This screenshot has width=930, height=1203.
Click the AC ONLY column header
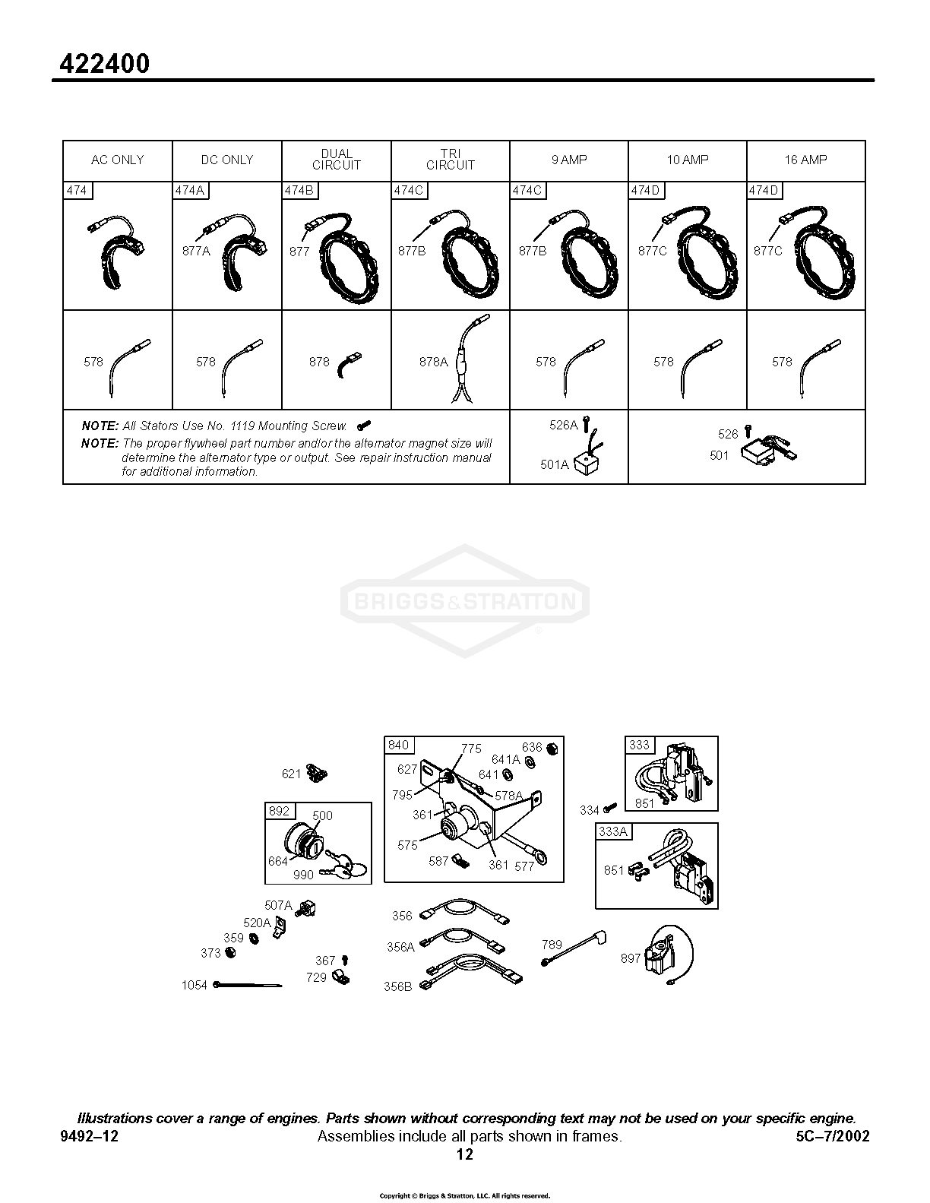[117, 160]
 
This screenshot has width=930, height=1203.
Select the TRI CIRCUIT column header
[451, 160]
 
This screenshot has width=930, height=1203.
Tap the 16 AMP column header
[805, 160]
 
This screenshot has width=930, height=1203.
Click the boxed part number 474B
[299, 191]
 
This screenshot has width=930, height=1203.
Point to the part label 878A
[433, 362]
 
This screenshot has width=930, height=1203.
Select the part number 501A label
[555, 464]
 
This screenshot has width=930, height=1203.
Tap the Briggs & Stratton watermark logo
[465, 600]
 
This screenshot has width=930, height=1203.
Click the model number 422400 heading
[105, 65]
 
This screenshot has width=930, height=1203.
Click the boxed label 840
[398, 746]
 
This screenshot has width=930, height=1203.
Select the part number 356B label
[398, 987]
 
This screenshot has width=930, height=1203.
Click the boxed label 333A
[613, 831]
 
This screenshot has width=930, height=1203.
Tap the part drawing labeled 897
[669, 957]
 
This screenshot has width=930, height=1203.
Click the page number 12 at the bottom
[465, 1155]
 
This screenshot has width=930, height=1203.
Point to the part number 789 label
[552, 945]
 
